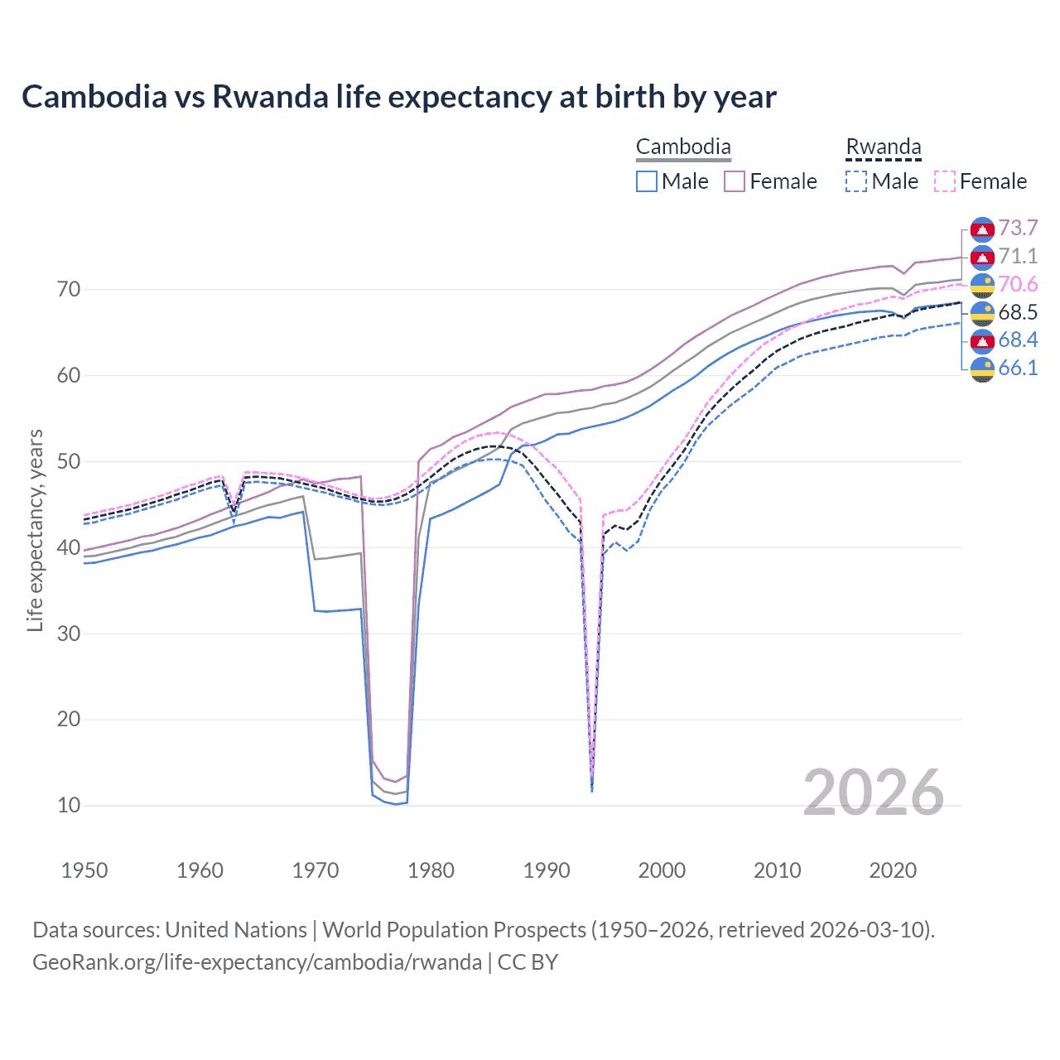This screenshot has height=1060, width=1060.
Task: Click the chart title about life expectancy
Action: (398, 97)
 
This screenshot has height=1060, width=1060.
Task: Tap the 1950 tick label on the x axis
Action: (84, 870)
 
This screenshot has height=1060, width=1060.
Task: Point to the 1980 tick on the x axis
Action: (431, 870)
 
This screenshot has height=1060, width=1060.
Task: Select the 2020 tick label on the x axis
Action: (893, 870)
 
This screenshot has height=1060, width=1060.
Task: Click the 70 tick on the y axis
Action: (69, 290)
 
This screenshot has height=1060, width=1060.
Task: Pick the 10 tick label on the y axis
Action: (69, 805)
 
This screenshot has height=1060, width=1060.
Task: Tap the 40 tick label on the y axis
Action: (69, 547)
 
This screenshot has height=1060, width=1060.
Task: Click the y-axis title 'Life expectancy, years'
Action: (35, 530)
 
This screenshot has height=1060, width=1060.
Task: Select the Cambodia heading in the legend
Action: (683, 147)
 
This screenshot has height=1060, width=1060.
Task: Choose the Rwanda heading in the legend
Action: (883, 147)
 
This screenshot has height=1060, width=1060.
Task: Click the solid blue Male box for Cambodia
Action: (647, 181)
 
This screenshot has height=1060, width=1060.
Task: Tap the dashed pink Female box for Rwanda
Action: (945, 181)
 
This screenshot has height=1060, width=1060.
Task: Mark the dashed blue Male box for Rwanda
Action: (856, 181)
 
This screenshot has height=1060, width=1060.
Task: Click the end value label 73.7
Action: (1018, 229)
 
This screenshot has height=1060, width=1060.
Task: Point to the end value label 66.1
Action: (1018, 369)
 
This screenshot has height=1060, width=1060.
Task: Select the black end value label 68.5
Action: (1018, 312)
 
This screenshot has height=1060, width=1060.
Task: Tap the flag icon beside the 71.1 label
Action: (982, 258)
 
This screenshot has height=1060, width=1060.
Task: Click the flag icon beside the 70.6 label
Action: (982, 286)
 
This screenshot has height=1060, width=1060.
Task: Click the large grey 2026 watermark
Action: (873, 793)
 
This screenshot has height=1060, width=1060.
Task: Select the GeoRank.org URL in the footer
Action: (257, 962)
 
